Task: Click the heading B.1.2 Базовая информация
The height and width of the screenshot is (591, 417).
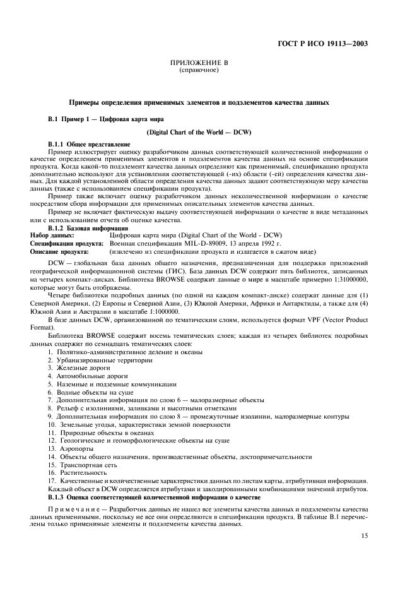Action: pyautogui.click(x=83, y=227)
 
